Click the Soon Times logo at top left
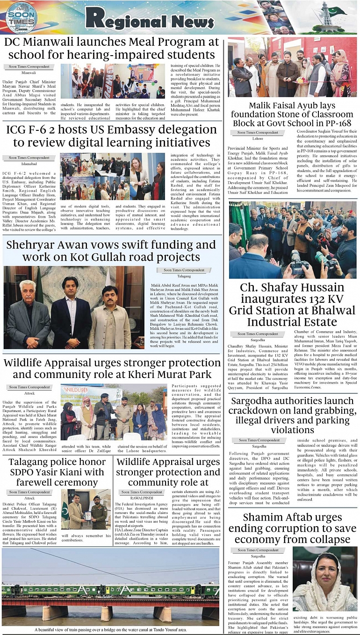pyautogui.click(x=22, y=17)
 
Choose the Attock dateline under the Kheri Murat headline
pyautogui.click(x=29, y=394)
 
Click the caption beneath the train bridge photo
pyautogui.click(x=110, y=629)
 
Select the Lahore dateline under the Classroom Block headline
pyautogui.click(x=257, y=139)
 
